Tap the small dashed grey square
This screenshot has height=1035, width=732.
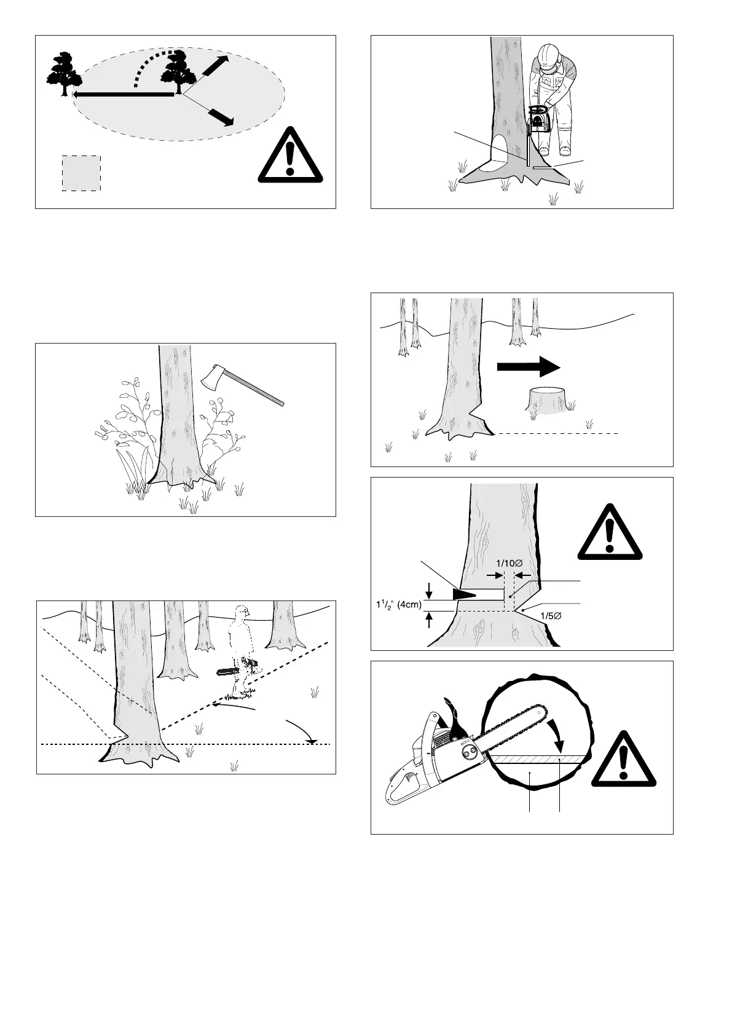click(81, 173)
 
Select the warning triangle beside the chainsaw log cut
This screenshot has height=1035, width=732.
click(624, 758)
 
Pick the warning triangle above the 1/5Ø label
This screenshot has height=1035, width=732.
click(610, 532)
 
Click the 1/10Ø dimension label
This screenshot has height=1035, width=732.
click(510, 563)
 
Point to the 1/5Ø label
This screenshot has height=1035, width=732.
click(551, 616)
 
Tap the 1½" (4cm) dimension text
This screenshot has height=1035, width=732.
click(398, 604)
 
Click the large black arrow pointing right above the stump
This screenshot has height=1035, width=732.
click(529, 367)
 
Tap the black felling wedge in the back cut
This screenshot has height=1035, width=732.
click(464, 594)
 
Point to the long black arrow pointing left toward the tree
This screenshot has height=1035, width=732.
click(123, 94)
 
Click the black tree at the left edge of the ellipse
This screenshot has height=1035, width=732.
click(65, 74)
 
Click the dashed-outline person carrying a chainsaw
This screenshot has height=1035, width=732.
click(239, 651)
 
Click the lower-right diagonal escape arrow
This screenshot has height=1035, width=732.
click(221, 117)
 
